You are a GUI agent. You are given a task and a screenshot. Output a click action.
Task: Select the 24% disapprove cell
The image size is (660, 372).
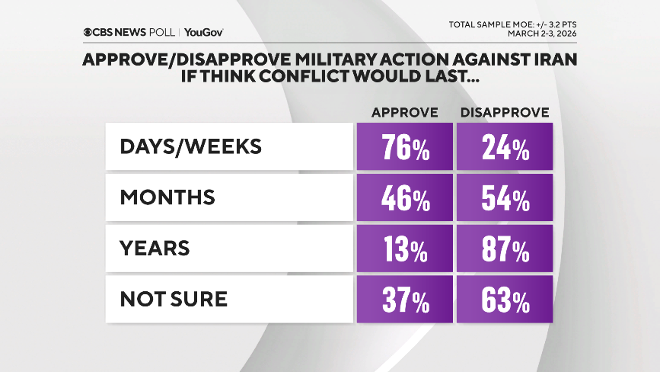pyautogui.click(x=504, y=147)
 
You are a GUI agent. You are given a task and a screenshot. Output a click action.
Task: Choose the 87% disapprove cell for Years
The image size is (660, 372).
pyautogui.click(x=504, y=249)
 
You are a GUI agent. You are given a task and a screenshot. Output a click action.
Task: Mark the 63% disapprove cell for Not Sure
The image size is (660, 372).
pyautogui.click(x=504, y=300)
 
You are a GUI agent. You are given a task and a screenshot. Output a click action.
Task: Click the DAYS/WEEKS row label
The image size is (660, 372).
pyautogui.click(x=190, y=146)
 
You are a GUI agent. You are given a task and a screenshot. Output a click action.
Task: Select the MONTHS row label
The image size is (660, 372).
pyautogui.click(x=167, y=197)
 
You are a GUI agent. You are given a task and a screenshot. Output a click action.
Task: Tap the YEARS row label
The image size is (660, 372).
pyautogui.click(x=155, y=249)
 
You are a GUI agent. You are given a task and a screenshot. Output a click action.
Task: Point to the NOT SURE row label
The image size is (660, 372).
pyautogui.click(x=174, y=299)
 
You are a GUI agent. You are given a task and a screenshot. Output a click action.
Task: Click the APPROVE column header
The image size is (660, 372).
pyautogui.click(x=404, y=112)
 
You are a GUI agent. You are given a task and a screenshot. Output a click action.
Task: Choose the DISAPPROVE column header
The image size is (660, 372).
pyautogui.click(x=504, y=112)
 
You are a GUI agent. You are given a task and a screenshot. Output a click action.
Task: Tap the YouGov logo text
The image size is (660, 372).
pyautogui.click(x=203, y=32)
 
